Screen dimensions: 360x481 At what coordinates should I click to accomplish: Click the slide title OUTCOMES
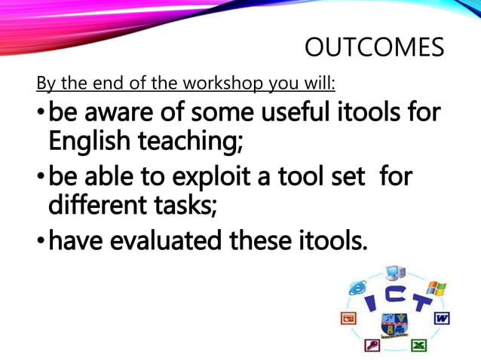374,48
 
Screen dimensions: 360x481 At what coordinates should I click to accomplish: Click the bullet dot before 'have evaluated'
41,242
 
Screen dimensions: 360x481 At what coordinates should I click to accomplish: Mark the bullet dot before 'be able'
41,179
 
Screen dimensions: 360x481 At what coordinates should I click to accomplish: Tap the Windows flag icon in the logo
436,289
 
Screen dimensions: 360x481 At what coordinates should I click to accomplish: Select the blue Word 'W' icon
443,319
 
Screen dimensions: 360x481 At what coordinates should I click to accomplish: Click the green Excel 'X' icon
418,345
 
